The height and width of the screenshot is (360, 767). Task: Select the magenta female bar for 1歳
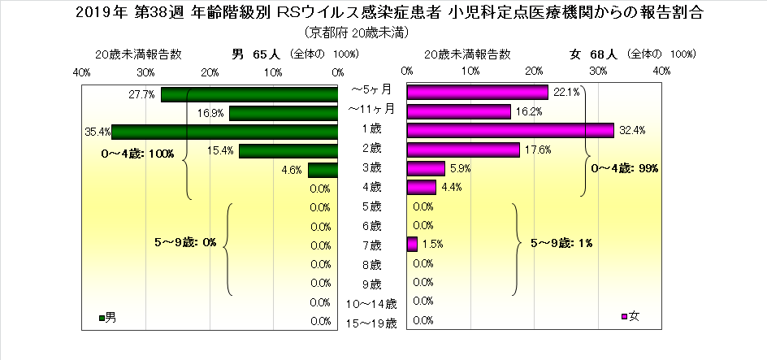[509, 131]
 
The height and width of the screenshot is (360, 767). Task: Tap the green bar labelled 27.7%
[249, 94]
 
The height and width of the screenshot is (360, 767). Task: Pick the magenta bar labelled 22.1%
[477, 92]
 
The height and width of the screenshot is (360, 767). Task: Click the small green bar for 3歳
[323, 170]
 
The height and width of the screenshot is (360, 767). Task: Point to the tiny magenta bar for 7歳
[411, 243]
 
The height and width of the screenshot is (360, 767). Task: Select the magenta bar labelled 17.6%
[462, 150]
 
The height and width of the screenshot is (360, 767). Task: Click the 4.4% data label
[452, 189]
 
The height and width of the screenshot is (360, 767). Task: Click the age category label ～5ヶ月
[371, 89]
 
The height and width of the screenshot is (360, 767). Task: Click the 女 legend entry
[630, 316]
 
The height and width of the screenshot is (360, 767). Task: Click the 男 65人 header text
[256, 54]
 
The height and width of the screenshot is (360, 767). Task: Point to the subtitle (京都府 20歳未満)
[357, 33]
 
